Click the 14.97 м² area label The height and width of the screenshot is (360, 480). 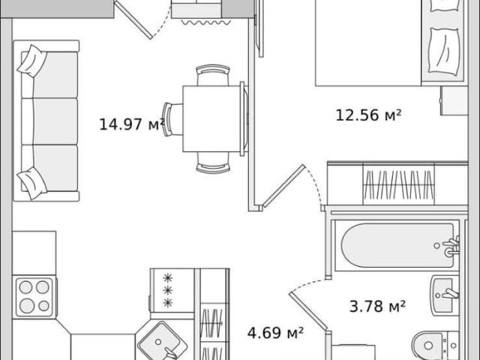(132, 124)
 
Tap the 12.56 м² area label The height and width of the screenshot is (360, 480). (368, 115)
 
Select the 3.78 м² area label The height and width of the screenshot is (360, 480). (377, 306)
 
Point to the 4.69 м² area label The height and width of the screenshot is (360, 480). (275, 333)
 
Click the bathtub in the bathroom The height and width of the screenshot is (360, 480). (397, 245)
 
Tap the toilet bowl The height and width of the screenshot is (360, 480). (436, 346)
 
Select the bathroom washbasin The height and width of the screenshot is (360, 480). (445, 295)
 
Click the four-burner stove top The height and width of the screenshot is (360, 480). (34, 297)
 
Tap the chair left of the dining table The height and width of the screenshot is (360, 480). (172, 119)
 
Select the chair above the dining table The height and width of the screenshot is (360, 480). (213, 75)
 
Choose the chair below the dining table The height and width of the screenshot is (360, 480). (213, 163)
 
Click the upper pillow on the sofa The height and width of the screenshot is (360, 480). (31, 61)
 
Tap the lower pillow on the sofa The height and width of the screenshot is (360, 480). (32, 183)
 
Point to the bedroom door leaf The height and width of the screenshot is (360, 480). (284, 186)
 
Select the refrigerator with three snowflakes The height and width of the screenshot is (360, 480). (172, 290)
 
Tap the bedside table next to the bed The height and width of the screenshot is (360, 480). (454, 100)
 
